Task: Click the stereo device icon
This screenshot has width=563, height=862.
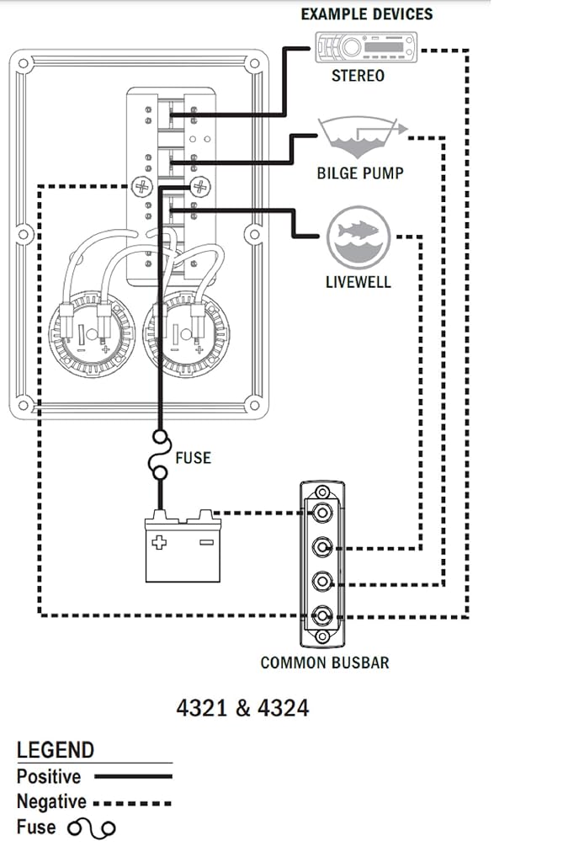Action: [366, 48]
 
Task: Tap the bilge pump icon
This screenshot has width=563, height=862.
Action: [363, 137]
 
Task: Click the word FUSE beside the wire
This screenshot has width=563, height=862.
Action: [193, 457]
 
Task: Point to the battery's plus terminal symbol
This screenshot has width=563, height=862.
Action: [159, 543]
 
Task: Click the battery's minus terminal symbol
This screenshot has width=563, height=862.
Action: [206, 543]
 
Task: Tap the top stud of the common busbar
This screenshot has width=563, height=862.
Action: [321, 513]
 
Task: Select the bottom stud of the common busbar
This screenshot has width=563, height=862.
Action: [321, 615]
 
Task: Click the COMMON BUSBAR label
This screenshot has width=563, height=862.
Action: [325, 662]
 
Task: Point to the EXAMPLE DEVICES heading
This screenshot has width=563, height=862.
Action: [367, 13]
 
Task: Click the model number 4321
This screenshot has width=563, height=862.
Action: [202, 707]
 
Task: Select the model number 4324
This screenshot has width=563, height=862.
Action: [283, 707]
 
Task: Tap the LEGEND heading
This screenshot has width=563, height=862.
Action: [56, 750]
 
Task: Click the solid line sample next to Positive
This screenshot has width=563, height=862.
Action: [133, 777]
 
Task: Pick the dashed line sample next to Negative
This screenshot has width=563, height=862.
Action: [132, 803]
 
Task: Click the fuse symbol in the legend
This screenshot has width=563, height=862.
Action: [92, 828]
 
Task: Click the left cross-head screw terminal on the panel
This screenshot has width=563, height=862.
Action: [142, 186]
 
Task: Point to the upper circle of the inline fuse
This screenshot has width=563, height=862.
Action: [161, 438]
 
